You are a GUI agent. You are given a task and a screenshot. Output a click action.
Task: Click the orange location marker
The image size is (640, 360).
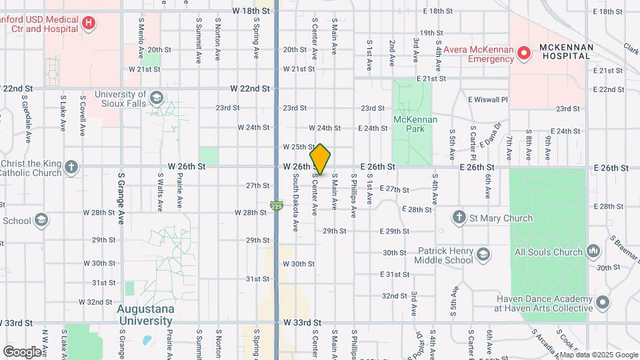(320, 160)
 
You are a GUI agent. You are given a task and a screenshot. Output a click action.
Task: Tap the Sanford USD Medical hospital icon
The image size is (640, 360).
(88, 25)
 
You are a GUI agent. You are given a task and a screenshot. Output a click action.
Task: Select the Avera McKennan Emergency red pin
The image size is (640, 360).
(523, 52)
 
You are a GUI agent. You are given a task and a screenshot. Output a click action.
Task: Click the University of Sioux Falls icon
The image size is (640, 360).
(156, 99)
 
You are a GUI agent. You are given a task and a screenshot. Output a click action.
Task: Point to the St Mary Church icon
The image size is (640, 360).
(459, 217)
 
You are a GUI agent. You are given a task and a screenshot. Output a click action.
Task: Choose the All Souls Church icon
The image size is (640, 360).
(593, 252)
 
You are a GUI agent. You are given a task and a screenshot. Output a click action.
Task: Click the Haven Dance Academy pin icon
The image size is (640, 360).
(603, 303)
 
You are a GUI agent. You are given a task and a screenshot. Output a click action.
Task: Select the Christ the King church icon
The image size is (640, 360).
(72, 167)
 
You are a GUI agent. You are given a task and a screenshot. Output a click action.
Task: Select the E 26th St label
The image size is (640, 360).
(378, 166)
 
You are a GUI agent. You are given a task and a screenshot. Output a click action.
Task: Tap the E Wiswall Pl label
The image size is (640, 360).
(488, 99)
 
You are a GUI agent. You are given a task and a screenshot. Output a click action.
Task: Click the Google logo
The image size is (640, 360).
(22, 351)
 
